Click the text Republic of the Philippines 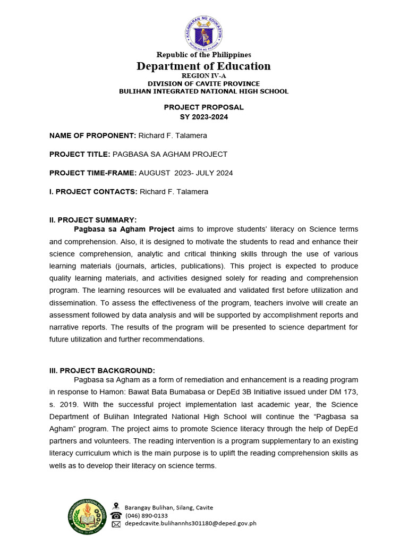[203, 55]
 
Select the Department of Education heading [203, 66]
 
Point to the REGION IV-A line [203, 76]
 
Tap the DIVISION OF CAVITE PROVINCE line [203, 84]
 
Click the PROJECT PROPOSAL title [203, 107]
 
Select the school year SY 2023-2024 [203, 117]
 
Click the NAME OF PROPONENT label [93, 136]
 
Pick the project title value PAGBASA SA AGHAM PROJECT [170, 155]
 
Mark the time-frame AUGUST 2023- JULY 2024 [186, 173]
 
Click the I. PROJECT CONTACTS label [93, 192]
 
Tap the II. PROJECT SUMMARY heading [93, 220]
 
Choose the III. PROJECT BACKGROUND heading [102, 370]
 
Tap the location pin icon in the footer [116, 507]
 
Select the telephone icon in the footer [116, 515]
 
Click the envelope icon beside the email [116, 524]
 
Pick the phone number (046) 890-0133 [146, 515]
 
